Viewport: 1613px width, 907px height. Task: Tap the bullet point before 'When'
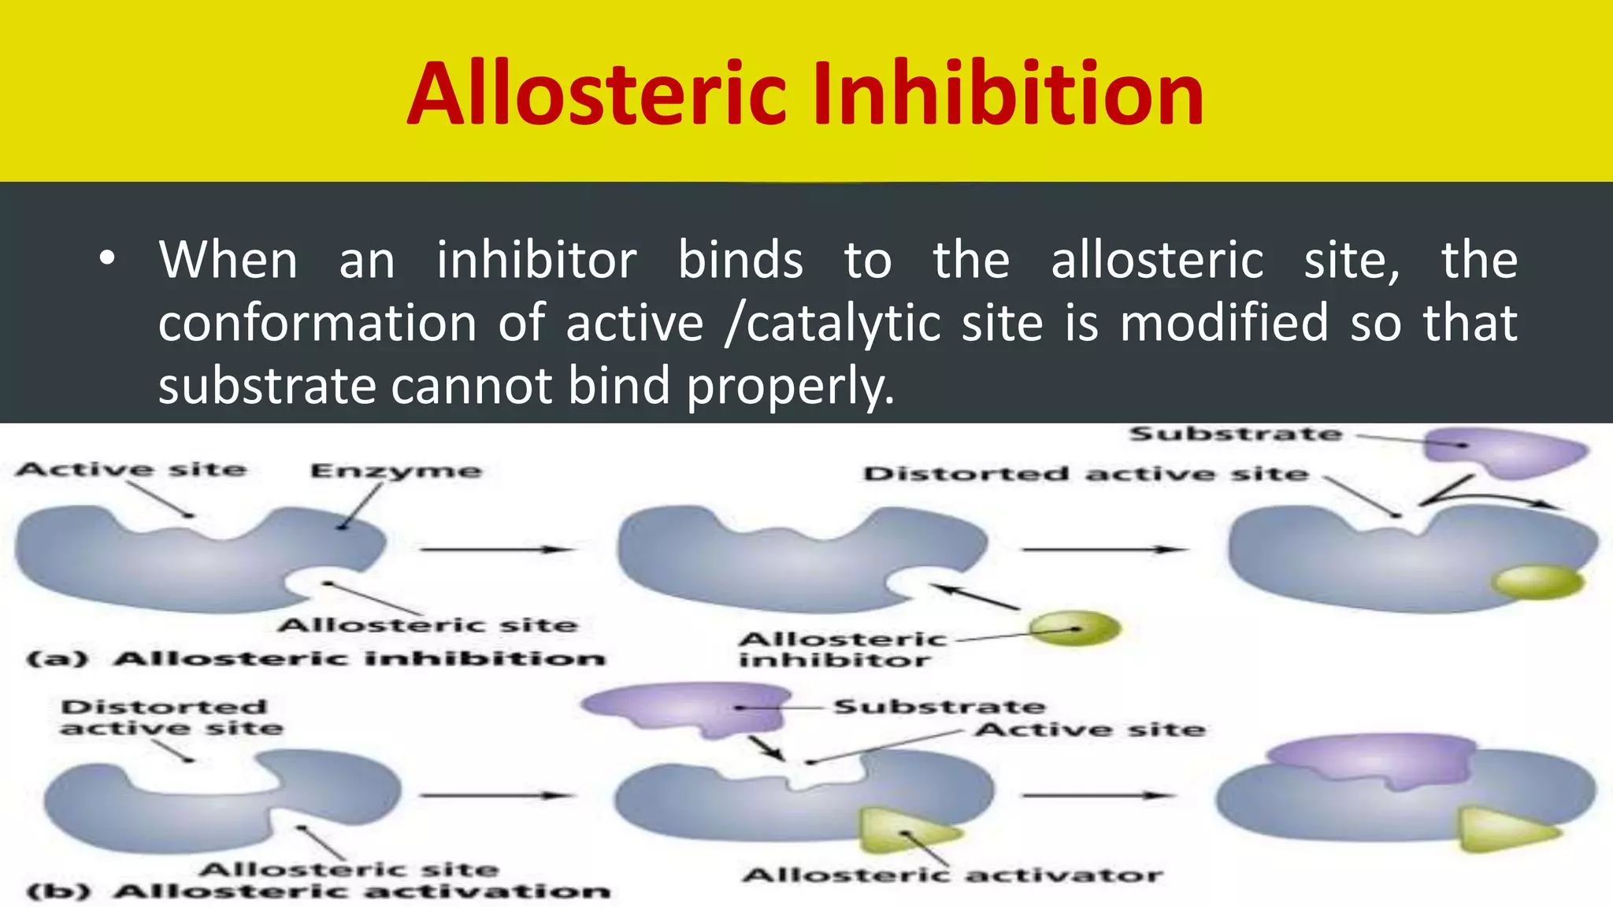[x=108, y=259]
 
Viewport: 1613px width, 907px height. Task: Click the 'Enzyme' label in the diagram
[x=395, y=472]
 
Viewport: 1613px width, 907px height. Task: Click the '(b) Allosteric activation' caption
[x=318, y=891]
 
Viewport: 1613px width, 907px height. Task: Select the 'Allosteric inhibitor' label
[x=841, y=650]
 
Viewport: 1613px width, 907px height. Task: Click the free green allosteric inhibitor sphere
[x=1074, y=628]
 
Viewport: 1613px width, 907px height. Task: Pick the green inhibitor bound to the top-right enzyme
[x=1538, y=582]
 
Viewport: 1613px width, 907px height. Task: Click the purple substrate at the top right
[x=1504, y=451]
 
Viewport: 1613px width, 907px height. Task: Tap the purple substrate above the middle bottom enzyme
[x=687, y=708]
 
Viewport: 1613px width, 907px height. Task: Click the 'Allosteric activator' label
[x=952, y=876]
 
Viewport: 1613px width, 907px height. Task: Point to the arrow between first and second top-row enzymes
[x=496, y=549]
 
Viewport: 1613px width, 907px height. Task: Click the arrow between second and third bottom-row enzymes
[x=1096, y=795]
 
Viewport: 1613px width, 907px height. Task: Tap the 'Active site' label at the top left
[x=131, y=470]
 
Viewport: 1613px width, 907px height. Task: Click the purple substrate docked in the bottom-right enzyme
[x=1372, y=759]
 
